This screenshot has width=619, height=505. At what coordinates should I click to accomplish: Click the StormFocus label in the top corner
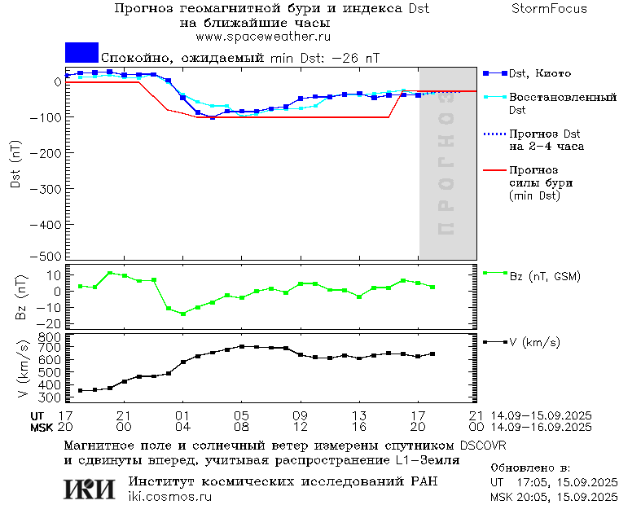click(549, 9)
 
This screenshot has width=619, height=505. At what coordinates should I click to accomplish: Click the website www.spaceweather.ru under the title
click(263, 37)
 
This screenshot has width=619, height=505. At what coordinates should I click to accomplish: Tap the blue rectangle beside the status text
click(81, 52)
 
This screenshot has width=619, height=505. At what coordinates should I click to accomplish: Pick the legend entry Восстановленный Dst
click(562, 103)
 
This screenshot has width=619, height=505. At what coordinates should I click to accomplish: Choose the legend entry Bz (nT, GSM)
click(545, 277)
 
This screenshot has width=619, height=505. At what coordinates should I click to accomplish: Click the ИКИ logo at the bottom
click(90, 489)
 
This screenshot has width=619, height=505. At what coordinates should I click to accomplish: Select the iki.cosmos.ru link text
click(170, 497)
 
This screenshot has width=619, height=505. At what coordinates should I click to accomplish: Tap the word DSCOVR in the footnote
click(482, 446)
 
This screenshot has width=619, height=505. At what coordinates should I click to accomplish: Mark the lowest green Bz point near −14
click(182, 314)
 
